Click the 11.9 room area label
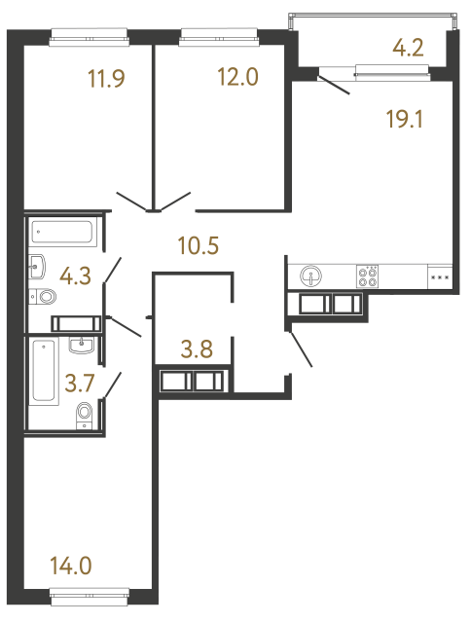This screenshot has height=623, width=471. (x=107, y=79)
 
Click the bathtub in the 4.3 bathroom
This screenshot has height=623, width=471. (x=63, y=233)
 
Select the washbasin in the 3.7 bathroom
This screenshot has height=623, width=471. (x=82, y=344)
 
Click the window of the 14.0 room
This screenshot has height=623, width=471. (x=91, y=593)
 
